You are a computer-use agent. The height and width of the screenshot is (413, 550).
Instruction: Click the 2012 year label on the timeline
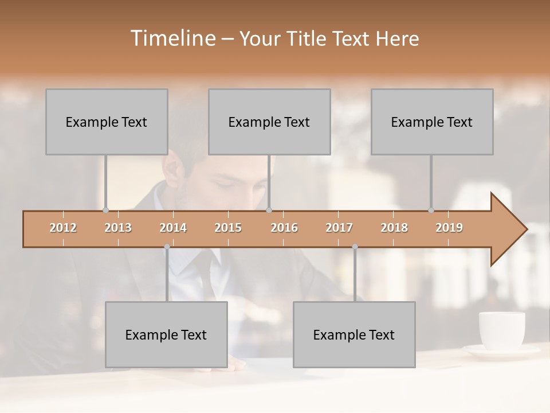pyautogui.click(x=63, y=228)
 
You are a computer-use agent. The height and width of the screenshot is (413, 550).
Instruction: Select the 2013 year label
pyautogui.click(x=118, y=228)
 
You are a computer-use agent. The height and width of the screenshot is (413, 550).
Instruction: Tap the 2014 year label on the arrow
pyautogui.click(x=173, y=228)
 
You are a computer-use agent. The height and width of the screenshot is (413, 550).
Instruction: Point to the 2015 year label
pyautogui.click(x=228, y=228)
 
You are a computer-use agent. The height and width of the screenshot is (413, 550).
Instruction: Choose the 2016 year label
pyautogui.click(x=284, y=228)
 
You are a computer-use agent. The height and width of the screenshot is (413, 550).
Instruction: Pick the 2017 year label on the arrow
pyautogui.click(x=339, y=228)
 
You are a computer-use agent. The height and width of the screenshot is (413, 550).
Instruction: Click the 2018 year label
pyautogui.click(x=394, y=228)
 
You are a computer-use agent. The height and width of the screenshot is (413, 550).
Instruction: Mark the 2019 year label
pyautogui.click(x=449, y=228)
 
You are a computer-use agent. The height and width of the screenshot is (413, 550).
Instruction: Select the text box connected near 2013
pyautogui.click(x=107, y=122)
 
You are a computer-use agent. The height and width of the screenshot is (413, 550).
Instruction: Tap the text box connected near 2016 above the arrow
pyautogui.click(x=269, y=122)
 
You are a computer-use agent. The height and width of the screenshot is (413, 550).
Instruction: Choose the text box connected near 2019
pyautogui.click(x=432, y=122)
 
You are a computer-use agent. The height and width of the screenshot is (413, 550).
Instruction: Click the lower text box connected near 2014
pyautogui.click(x=166, y=334)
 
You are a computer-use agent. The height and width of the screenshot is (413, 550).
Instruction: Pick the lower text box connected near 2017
pyautogui.click(x=354, y=334)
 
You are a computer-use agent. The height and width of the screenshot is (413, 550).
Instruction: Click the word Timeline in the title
pyautogui.click(x=172, y=38)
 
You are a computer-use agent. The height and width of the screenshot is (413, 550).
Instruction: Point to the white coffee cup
pyautogui.click(x=502, y=330)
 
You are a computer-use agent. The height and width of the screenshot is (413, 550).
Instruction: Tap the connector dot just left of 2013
pyautogui.click(x=105, y=211)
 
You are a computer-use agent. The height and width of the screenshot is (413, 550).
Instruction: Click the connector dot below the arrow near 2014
pyautogui.click(x=167, y=247)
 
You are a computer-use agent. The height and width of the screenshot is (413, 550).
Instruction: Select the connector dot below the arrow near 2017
pyautogui.click(x=355, y=247)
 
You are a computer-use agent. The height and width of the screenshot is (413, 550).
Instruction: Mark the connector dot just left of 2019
pyautogui.click(x=431, y=211)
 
